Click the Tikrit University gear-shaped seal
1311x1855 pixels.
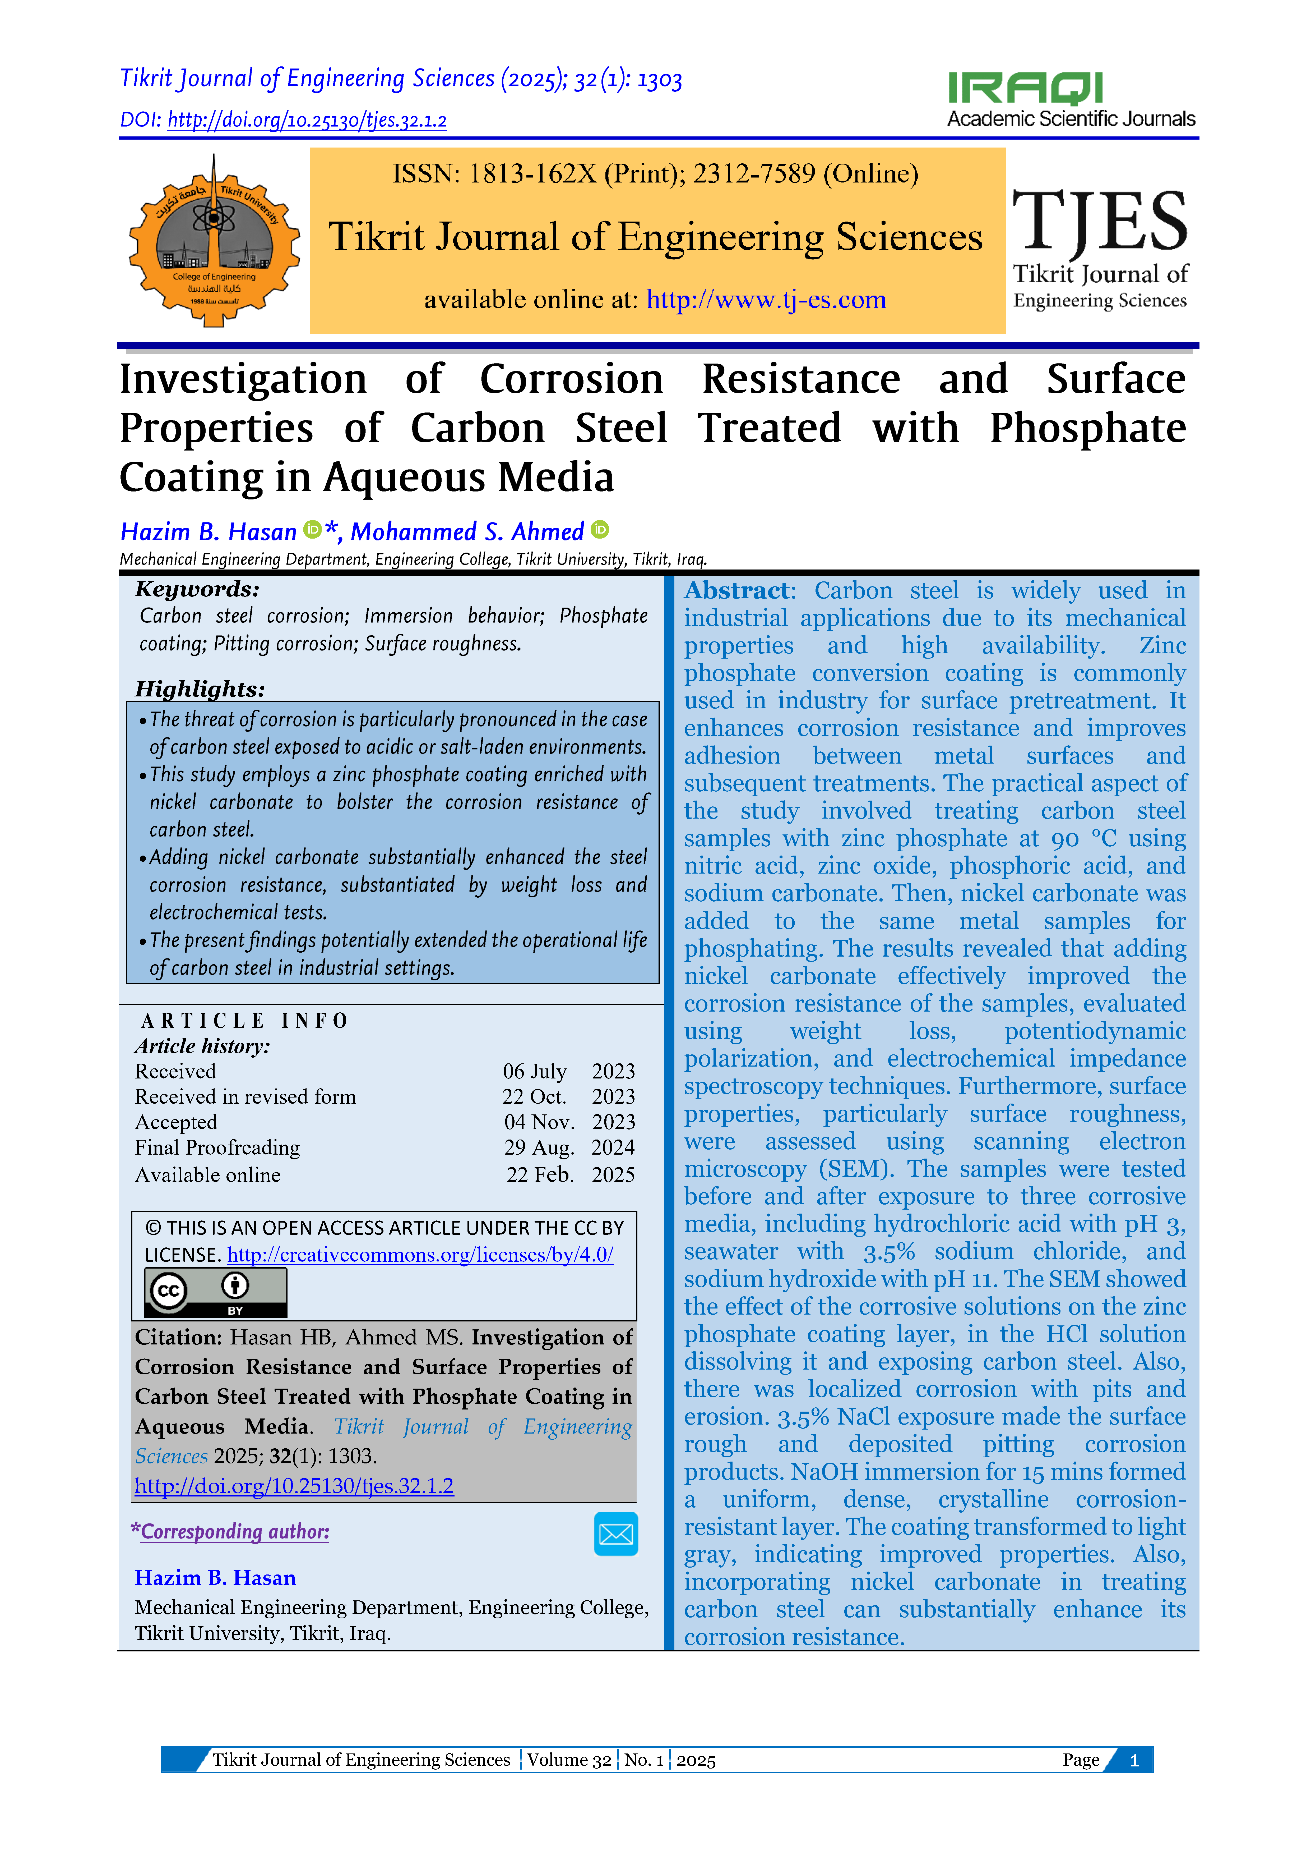pyautogui.click(x=214, y=241)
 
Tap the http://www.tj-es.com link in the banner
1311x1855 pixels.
pyautogui.click(x=766, y=300)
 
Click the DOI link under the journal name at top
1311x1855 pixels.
pyautogui.click(x=307, y=120)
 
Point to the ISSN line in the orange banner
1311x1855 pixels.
pyautogui.click(x=655, y=174)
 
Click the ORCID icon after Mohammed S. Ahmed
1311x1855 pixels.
pyautogui.click(x=599, y=530)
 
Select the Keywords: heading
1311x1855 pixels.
pyautogui.click(x=197, y=589)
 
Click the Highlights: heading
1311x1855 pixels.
pyautogui.click(x=200, y=689)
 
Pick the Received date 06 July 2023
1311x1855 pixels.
pyautogui.click(x=569, y=1071)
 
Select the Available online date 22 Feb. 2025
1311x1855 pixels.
pyautogui.click(x=570, y=1175)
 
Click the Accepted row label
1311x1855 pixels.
pyautogui.click(x=176, y=1122)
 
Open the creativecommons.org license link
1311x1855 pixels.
pyautogui.click(x=420, y=1255)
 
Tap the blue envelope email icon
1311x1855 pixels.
pyautogui.click(x=615, y=1533)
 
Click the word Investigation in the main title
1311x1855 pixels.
pyautogui.click(x=243, y=380)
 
